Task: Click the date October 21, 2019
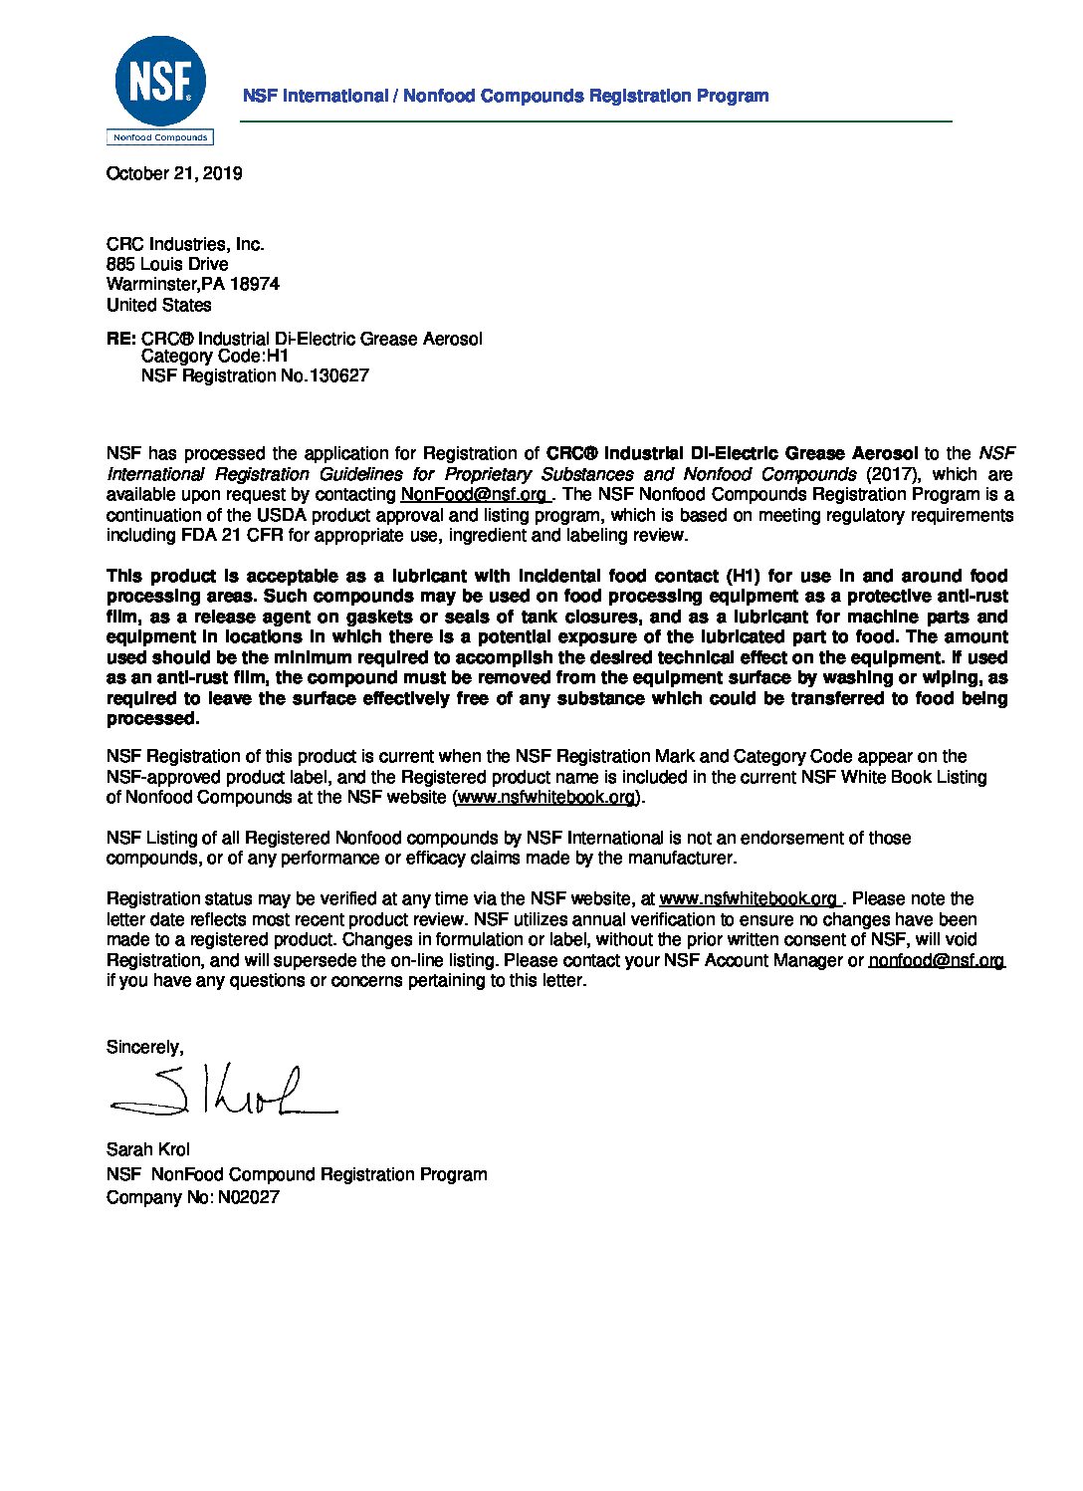[x=174, y=173]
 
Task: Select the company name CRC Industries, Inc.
[x=185, y=244]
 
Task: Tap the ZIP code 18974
[x=255, y=284]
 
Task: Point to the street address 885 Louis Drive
[x=167, y=264]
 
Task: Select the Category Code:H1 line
[x=214, y=356]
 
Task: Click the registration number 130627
[x=338, y=375]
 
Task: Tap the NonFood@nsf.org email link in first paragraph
[x=474, y=494]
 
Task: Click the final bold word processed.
[x=152, y=718]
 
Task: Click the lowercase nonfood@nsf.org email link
[x=937, y=960]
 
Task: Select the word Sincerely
[x=144, y=1047]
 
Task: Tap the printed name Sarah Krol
[x=148, y=1148]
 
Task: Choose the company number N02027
[x=249, y=1196]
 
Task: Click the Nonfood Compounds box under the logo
[x=160, y=137]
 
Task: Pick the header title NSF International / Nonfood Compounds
[x=506, y=96]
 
